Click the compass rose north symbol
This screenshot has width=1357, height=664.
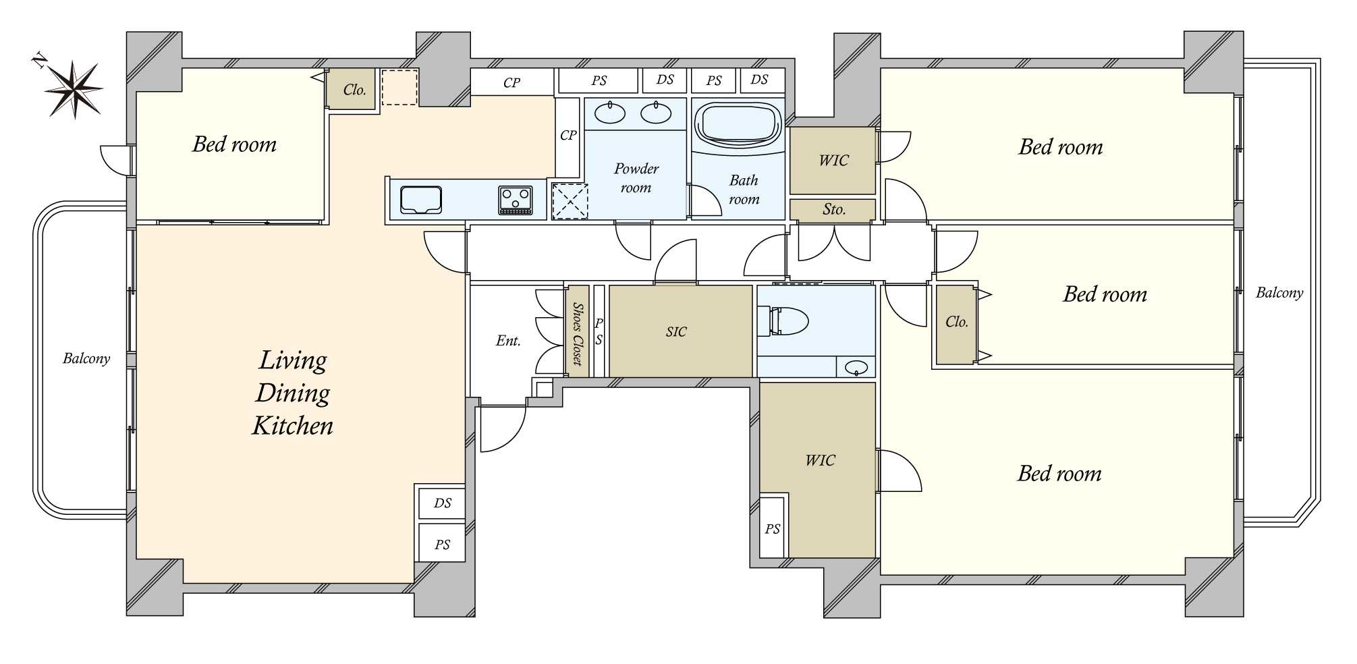(74, 88)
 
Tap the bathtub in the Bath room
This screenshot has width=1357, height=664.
(738, 124)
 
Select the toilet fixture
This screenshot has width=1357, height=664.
(783, 321)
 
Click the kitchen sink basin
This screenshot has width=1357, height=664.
(421, 200)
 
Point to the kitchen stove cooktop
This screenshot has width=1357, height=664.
(515, 200)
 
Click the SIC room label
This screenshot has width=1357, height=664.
(675, 331)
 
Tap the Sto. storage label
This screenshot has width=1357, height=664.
(834, 209)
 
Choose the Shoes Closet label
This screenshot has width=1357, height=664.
(578, 334)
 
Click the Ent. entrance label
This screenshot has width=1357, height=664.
(508, 341)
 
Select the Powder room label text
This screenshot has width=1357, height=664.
(636, 178)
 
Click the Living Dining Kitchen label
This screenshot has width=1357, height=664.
(293, 393)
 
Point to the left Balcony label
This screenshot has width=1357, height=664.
(86, 358)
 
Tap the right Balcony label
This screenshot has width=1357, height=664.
(1279, 292)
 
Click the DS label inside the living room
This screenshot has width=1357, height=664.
(443, 503)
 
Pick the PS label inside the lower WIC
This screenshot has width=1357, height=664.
(773, 529)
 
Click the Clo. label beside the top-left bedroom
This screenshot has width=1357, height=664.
(354, 90)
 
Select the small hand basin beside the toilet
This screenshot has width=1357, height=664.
(856, 368)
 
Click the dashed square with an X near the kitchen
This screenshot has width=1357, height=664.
(570, 201)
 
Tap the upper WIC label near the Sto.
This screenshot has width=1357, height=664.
(833, 160)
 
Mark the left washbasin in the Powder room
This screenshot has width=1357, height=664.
(611, 113)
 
